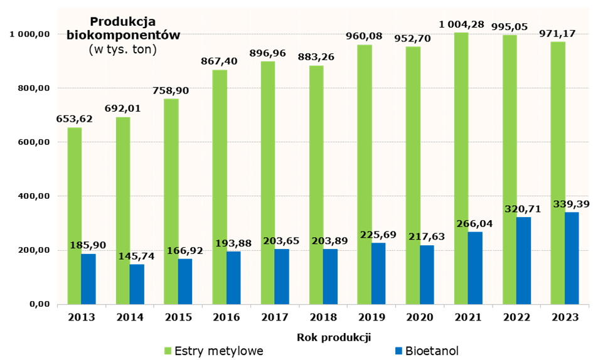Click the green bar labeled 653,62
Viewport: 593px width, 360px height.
(x=74, y=216)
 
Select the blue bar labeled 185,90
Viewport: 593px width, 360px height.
(x=88, y=279)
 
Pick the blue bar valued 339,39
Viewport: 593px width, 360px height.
(x=572, y=258)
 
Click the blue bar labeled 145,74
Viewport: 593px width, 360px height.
(x=137, y=284)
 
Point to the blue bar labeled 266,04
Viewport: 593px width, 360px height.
(x=475, y=268)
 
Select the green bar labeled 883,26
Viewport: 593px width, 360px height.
(x=316, y=185)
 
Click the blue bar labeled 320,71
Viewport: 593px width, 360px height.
(x=523, y=261)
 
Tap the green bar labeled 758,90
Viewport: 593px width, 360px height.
(x=171, y=201)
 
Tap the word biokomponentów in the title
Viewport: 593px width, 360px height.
(x=123, y=35)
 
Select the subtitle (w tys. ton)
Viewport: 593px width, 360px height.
(x=123, y=49)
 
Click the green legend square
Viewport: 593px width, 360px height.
(x=168, y=351)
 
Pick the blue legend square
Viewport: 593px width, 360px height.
(x=398, y=351)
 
